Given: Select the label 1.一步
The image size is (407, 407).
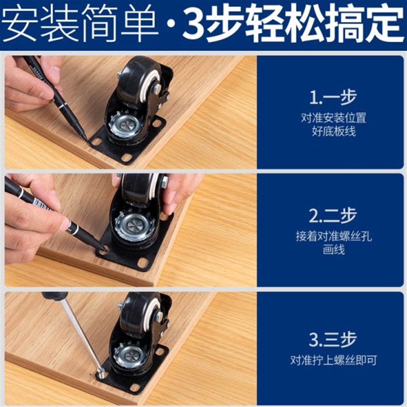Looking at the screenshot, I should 333,97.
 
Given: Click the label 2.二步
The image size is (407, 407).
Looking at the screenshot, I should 333,216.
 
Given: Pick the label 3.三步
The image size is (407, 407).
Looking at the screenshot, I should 333,339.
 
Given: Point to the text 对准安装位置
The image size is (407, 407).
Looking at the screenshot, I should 333,118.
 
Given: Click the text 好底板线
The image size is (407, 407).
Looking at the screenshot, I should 333,132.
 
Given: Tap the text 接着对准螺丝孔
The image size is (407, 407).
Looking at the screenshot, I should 333,237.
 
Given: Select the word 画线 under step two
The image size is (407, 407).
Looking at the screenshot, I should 333,251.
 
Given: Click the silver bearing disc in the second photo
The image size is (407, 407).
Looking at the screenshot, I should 134,226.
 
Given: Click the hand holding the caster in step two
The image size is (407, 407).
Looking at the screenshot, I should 178,191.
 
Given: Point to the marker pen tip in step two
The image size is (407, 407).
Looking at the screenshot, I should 102,248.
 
